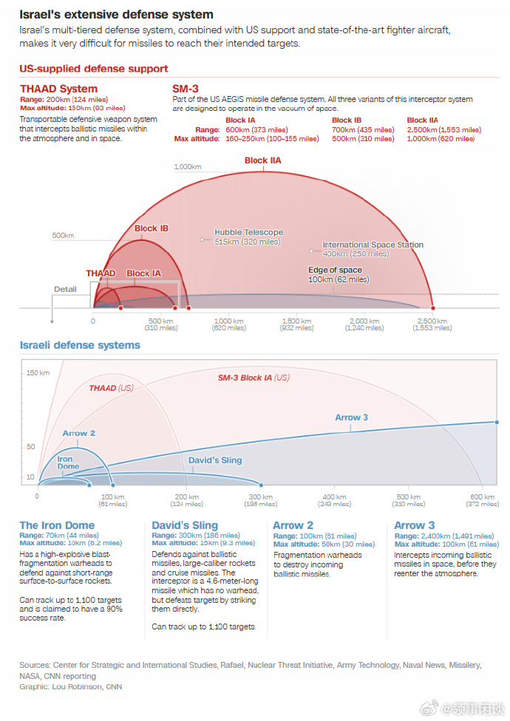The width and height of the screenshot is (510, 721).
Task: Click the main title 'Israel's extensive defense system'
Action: pos(116,14)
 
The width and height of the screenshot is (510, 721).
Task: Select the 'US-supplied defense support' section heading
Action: pos(94,69)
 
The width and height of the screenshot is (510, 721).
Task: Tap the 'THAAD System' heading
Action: pos(58,89)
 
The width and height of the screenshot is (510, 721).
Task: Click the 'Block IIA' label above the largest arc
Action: pos(262,160)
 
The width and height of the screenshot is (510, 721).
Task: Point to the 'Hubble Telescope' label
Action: pos(248,232)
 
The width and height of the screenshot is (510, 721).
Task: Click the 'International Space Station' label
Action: pos(373,245)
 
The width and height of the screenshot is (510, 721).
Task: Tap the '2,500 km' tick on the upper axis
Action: pos(432,321)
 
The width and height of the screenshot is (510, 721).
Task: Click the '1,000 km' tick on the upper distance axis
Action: pos(229,321)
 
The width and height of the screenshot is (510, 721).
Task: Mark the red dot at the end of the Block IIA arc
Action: pos(432,308)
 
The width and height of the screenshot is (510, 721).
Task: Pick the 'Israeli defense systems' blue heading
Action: pos(79,345)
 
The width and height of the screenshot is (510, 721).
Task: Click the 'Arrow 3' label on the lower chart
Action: pos(352,417)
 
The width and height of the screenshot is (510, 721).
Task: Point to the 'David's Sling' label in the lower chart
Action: pos(215,460)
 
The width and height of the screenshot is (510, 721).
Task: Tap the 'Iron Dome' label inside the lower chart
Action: pos(69,462)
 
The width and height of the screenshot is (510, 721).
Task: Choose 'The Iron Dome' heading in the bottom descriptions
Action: pos(57,525)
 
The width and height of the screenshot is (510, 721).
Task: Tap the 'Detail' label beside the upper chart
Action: pos(65,289)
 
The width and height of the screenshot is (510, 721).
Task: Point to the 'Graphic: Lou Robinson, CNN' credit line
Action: pos(70,686)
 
